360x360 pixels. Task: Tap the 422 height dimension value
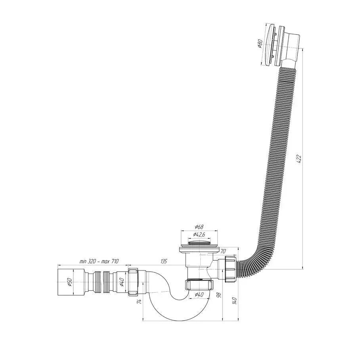coord(300,157)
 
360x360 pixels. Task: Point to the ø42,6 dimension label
coord(199,235)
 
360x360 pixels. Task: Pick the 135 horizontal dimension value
coord(163,261)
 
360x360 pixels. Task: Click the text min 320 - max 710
coord(99,261)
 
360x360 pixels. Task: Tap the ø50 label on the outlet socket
coord(69,282)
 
